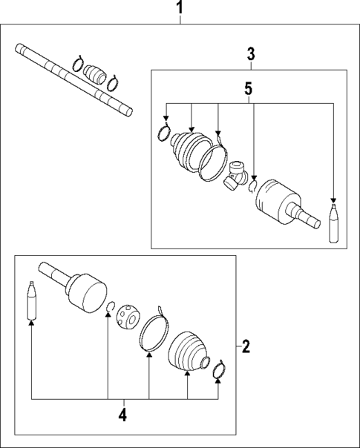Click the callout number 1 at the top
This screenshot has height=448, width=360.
point(179,8)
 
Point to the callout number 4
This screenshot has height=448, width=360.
point(122,415)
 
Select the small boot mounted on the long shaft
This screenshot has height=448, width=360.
point(95,74)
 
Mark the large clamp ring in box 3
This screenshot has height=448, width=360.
point(215,161)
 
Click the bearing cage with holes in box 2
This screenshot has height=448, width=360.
point(128,317)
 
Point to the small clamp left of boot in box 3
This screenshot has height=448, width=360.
point(165,134)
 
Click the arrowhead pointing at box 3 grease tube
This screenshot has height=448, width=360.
point(333,200)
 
